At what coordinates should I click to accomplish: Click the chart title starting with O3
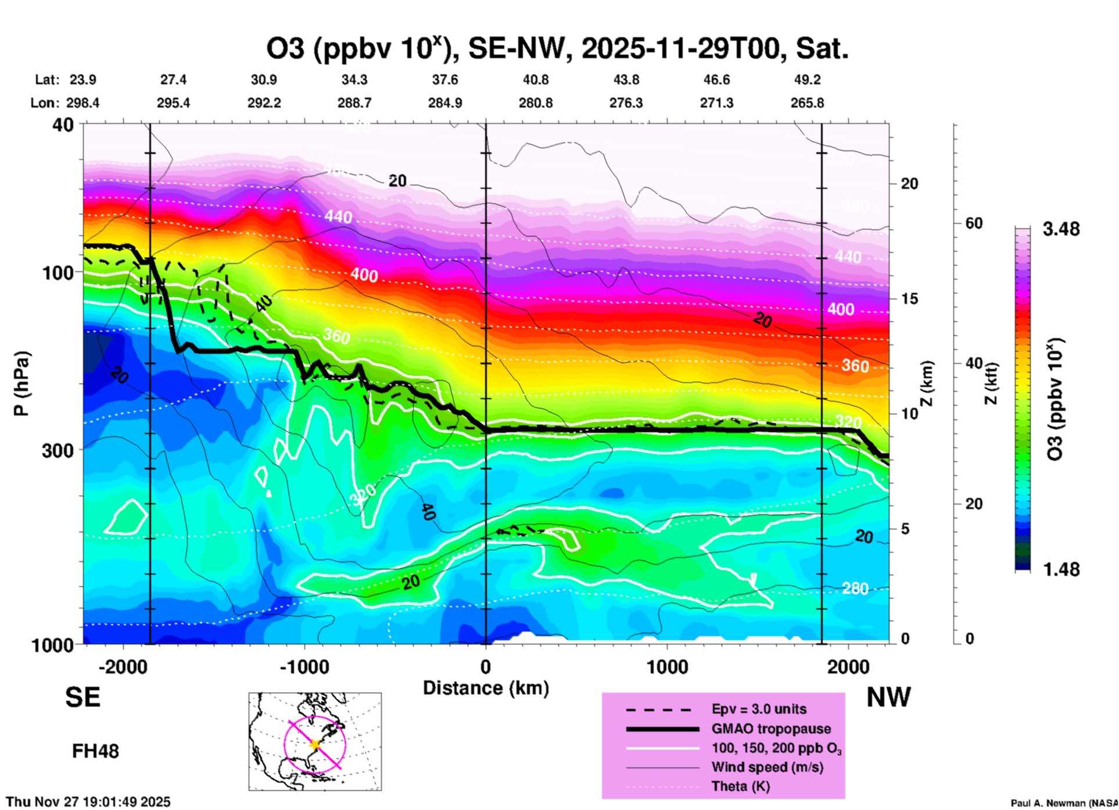557,48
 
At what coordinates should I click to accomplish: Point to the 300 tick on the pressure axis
58,450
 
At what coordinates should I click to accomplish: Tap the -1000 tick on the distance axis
304,666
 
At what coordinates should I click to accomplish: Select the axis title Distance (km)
486,688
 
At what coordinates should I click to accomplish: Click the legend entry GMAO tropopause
771,729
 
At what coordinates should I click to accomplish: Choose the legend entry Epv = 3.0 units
759,709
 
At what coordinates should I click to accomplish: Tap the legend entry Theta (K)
740,787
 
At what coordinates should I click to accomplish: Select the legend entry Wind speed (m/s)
767,767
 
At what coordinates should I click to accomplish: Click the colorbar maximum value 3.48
1061,230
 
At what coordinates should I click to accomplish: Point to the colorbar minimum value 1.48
1061,569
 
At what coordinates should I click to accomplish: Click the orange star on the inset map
315,744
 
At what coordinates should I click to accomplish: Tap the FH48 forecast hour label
95,751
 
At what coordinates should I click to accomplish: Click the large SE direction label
83,697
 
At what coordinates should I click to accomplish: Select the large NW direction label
888,697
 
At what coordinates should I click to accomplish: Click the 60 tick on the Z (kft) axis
974,224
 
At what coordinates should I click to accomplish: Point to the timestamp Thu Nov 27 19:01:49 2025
88,802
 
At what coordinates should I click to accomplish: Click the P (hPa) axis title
21,384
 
